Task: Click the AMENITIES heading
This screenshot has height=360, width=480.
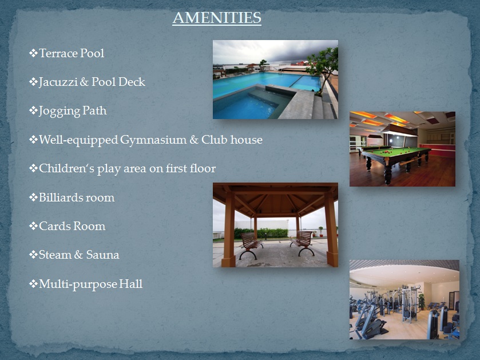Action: pos(217,18)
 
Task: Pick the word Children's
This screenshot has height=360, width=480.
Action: pos(67,168)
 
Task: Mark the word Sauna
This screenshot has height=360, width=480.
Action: pos(102,255)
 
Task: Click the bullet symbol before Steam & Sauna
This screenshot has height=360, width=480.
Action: pos(33,254)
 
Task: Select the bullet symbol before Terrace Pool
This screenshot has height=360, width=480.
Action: pos(33,53)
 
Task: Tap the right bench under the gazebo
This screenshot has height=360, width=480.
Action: pos(303,243)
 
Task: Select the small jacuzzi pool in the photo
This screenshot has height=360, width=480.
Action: pos(248,105)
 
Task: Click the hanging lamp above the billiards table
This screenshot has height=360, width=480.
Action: pos(399,130)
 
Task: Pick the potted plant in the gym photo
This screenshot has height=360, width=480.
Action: pos(422,302)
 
